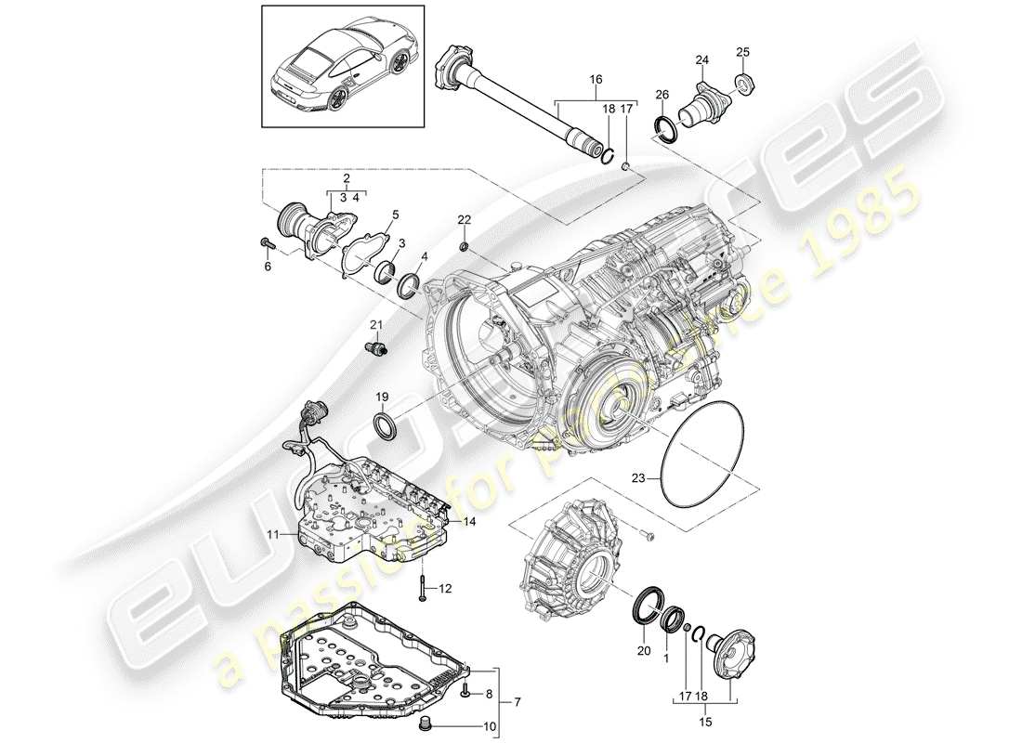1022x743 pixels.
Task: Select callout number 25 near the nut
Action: [x=741, y=51]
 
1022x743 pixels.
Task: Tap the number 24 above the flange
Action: [x=701, y=62]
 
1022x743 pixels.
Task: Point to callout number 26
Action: [x=662, y=95]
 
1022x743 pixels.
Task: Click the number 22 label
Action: [x=465, y=219]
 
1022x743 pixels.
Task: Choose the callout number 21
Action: [x=376, y=323]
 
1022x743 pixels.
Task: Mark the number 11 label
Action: [x=274, y=534]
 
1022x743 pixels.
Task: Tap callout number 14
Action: [x=470, y=523]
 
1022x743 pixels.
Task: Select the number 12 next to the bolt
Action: [x=446, y=588]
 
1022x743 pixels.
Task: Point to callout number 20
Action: [x=640, y=651]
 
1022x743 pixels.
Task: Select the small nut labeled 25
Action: [x=745, y=85]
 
